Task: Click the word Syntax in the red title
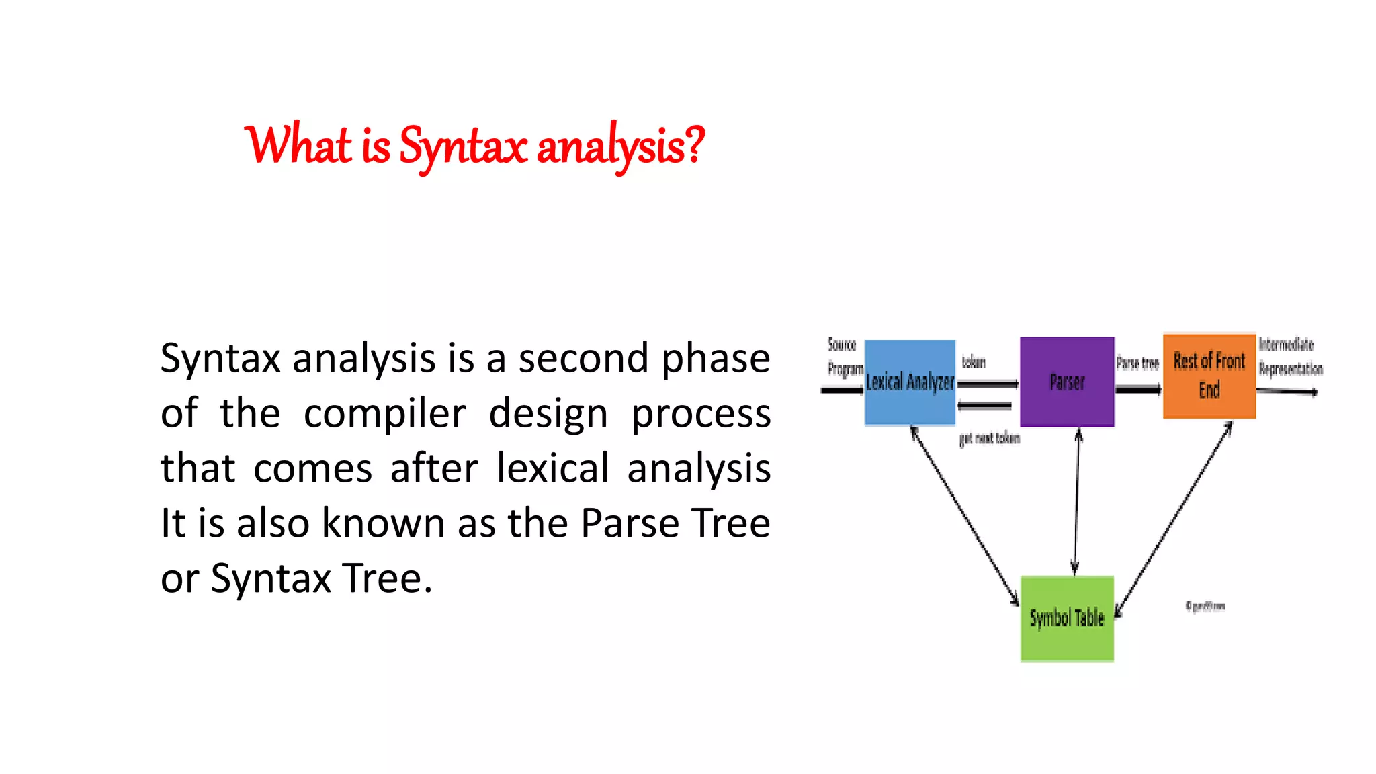click(462, 146)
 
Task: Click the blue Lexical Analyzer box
click(910, 382)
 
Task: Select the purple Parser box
click(1067, 382)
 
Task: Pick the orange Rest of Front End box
click(1209, 376)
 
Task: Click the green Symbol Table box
click(1067, 618)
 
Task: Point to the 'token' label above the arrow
click(974, 362)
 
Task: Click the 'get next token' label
click(989, 439)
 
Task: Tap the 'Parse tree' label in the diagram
click(1137, 363)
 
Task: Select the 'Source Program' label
click(844, 357)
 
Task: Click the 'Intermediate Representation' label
click(1289, 357)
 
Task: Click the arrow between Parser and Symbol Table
click(1076, 501)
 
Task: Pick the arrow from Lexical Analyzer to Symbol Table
click(964, 514)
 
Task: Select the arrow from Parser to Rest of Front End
click(1138, 389)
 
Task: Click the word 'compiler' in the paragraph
click(384, 414)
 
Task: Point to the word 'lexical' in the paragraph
click(552, 468)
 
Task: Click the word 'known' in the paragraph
click(383, 523)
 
